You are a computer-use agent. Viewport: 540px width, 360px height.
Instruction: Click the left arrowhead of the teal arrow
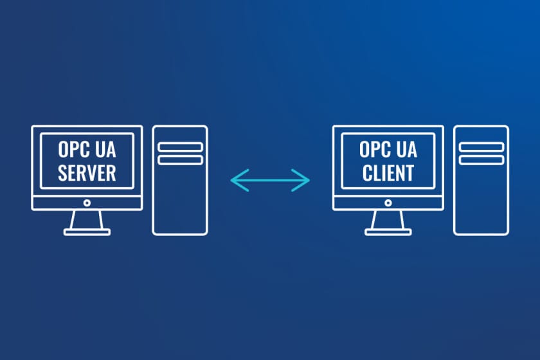point(235,180)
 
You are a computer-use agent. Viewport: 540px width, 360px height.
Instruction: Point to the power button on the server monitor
point(87,203)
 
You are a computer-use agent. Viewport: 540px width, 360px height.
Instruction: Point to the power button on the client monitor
point(388,203)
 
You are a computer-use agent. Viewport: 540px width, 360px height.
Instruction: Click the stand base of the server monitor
point(87,231)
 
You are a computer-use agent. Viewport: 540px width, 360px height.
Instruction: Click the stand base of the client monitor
point(388,231)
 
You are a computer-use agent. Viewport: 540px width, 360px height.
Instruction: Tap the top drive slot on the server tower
point(180,147)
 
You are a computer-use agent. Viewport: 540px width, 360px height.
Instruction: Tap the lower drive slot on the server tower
point(180,159)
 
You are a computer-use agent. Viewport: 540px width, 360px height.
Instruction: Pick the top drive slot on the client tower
point(481,147)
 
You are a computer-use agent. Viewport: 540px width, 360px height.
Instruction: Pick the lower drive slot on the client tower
point(481,159)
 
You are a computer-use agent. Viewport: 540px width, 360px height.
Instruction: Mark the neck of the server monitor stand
point(87,219)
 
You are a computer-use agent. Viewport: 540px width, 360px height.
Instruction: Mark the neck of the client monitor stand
point(388,219)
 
